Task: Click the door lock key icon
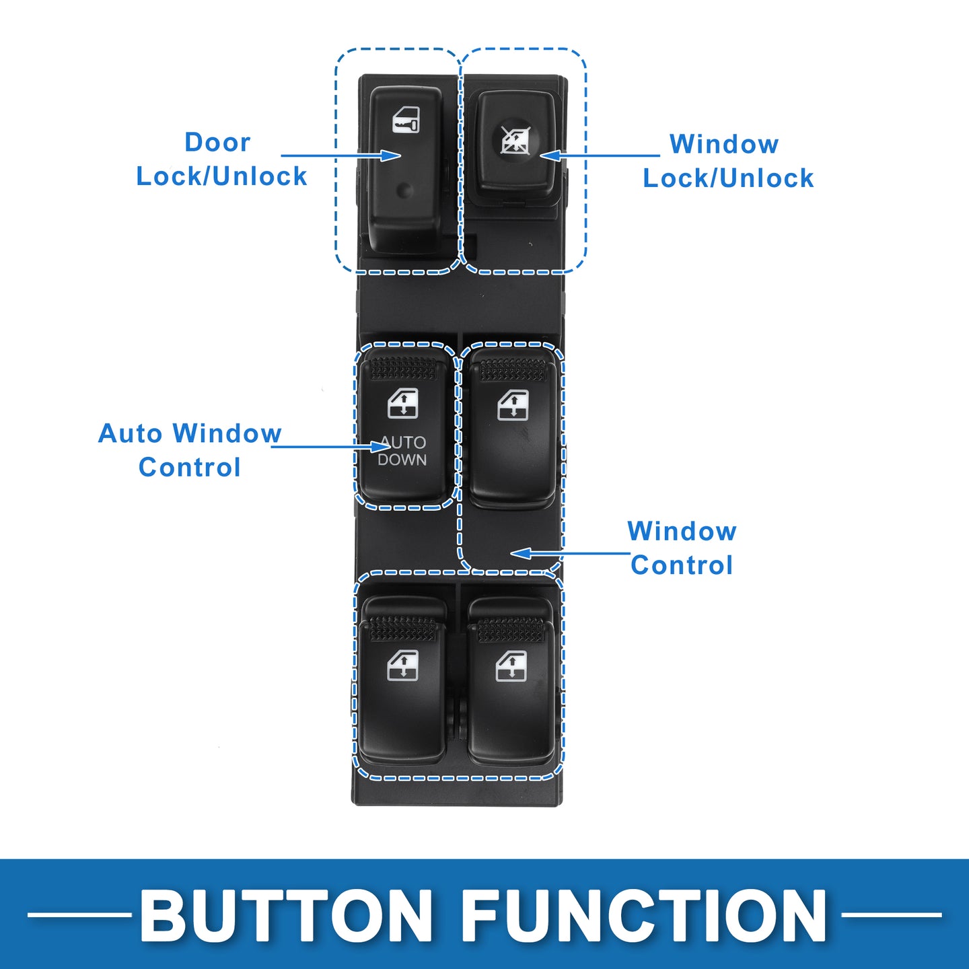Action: click(406, 120)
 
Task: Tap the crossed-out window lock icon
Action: click(515, 140)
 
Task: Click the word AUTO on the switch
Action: click(403, 443)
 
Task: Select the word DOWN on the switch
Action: click(402, 460)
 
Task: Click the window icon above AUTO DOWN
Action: click(403, 404)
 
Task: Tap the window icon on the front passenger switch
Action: click(513, 405)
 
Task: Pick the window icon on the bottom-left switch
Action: click(402, 666)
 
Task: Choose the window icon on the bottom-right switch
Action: click(511, 666)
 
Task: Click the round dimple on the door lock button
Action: click(405, 190)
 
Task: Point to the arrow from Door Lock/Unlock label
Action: click(340, 155)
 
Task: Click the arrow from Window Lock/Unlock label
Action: click(600, 155)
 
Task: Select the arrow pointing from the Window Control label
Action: click(570, 554)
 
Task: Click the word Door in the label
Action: click(217, 142)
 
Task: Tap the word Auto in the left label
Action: click(131, 433)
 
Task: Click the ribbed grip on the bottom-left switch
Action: click(403, 629)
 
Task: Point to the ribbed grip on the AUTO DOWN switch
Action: click(403, 369)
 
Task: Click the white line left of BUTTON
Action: click(79, 914)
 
